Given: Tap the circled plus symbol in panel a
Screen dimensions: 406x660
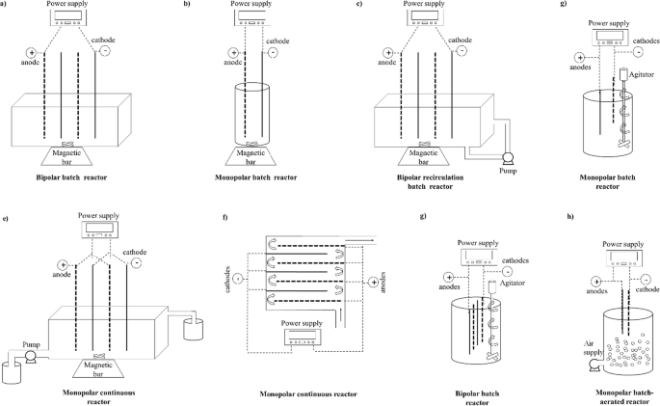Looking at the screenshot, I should point(31,54).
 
